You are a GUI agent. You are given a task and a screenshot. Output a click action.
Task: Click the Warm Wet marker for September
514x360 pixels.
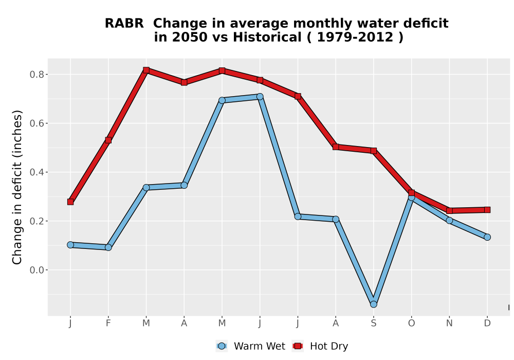point(373,304)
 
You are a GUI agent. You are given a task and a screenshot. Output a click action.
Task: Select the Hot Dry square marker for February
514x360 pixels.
point(108,140)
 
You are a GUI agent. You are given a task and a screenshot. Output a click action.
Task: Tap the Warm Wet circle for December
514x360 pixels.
point(487,237)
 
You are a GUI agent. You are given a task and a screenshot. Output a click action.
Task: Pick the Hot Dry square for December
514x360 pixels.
point(487,210)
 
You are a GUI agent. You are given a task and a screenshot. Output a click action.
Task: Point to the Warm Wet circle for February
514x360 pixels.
point(108,247)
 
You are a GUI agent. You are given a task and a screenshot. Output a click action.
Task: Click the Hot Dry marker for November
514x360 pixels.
point(449,211)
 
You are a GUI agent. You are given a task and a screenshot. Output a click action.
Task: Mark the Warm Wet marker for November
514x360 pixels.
point(449,220)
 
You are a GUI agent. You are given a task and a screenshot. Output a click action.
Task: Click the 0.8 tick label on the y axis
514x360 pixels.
point(36,75)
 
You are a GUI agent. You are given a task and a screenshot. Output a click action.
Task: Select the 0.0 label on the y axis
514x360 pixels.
point(36,270)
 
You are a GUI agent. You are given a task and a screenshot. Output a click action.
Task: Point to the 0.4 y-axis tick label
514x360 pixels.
point(36,172)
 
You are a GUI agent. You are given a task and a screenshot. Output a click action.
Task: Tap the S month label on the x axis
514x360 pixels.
point(373,323)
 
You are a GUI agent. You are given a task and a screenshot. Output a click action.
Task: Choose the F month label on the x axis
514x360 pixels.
point(108,323)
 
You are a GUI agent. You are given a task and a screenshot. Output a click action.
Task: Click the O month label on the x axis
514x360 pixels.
point(411,323)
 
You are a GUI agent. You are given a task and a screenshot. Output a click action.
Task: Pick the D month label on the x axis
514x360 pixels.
point(487,323)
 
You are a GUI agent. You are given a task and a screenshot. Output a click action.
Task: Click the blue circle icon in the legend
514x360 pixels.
point(222,346)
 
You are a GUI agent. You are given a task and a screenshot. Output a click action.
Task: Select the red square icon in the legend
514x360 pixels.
point(298,346)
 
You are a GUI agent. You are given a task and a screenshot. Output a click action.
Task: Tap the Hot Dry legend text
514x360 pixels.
point(329,346)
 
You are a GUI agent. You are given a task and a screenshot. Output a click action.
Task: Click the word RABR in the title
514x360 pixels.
point(124,23)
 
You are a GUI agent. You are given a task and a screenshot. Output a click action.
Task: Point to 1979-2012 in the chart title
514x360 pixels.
point(355,37)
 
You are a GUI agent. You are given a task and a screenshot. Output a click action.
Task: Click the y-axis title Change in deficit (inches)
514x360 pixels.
point(17,187)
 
